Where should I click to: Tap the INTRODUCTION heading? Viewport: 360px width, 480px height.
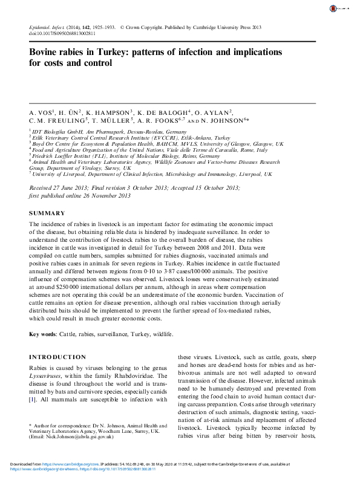[x=57, y=357]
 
